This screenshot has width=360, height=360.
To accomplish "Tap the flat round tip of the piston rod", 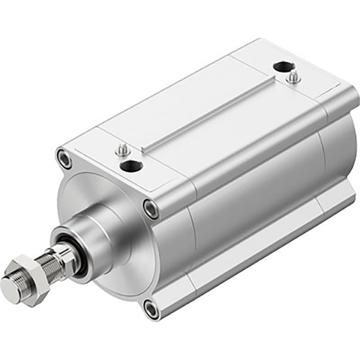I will coord(10,288).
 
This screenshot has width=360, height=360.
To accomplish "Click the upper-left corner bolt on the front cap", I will coord(65,159).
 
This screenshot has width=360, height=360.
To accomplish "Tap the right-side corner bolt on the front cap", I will coord(150,208).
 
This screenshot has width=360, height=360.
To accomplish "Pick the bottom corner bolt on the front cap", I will coord(150,307).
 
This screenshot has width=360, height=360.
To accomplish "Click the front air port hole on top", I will coord(131,166).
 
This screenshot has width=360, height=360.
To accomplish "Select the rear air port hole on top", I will coord(283,67).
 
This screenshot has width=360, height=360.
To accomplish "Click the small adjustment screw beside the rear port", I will coord(292,77).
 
